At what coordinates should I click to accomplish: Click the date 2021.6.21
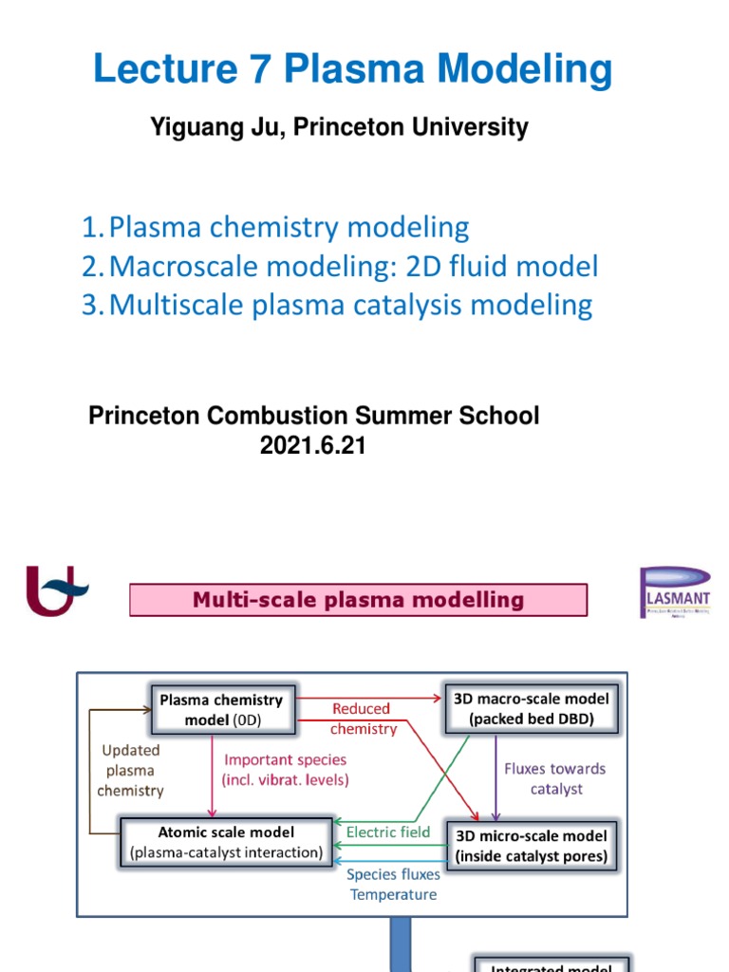pyautogui.click(x=313, y=444)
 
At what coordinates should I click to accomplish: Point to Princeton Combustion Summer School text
pyautogui.click(x=313, y=416)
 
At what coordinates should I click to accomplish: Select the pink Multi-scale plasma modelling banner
pyautogui.click(x=358, y=600)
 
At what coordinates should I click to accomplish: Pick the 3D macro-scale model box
pyautogui.click(x=531, y=708)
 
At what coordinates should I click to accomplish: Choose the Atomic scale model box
pyautogui.click(x=226, y=842)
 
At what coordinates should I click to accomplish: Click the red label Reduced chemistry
pyautogui.click(x=363, y=719)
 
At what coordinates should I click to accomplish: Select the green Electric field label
pyautogui.click(x=388, y=832)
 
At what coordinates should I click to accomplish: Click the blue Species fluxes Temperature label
pyautogui.click(x=392, y=885)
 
